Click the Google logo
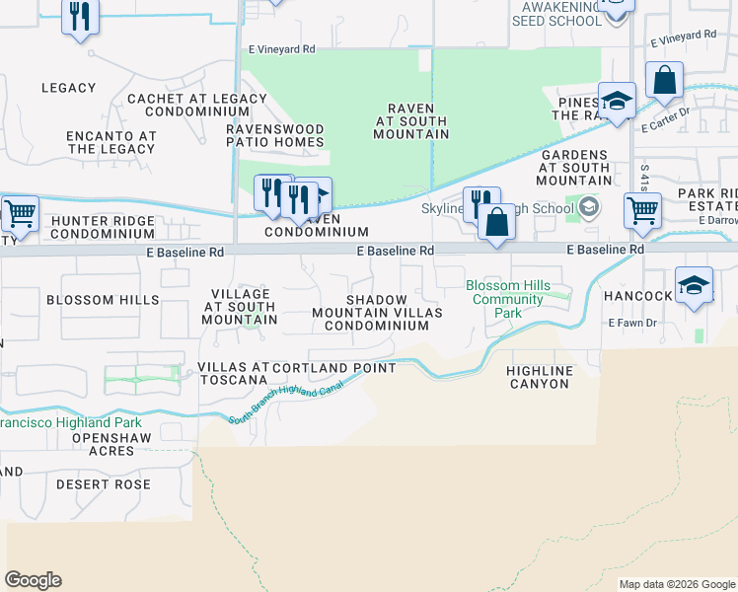33,580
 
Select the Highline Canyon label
539,377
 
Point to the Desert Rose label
104,484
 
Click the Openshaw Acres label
96,443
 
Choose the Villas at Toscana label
233,374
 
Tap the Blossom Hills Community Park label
508,299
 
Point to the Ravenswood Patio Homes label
275,135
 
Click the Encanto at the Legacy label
111,142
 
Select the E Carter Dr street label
663,126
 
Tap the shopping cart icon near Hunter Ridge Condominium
19,214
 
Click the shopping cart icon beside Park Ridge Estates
642,208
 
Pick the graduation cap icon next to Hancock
695,285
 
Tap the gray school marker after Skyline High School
589,207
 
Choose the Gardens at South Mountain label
574,168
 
